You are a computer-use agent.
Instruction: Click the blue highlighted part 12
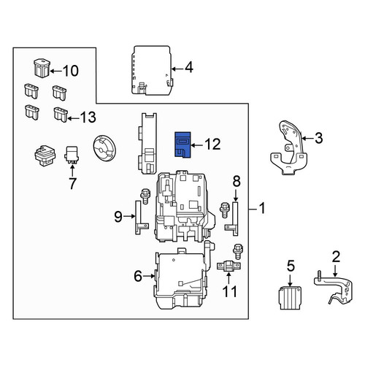(x=182, y=145)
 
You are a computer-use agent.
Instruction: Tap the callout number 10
(x=71, y=71)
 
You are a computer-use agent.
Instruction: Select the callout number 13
(x=88, y=117)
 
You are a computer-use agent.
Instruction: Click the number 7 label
(x=72, y=183)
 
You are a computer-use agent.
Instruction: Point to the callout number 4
(x=189, y=67)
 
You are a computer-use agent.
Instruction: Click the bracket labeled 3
(x=288, y=147)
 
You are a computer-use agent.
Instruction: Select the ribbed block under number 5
(x=290, y=298)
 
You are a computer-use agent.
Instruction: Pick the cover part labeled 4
(x=151, y=70)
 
